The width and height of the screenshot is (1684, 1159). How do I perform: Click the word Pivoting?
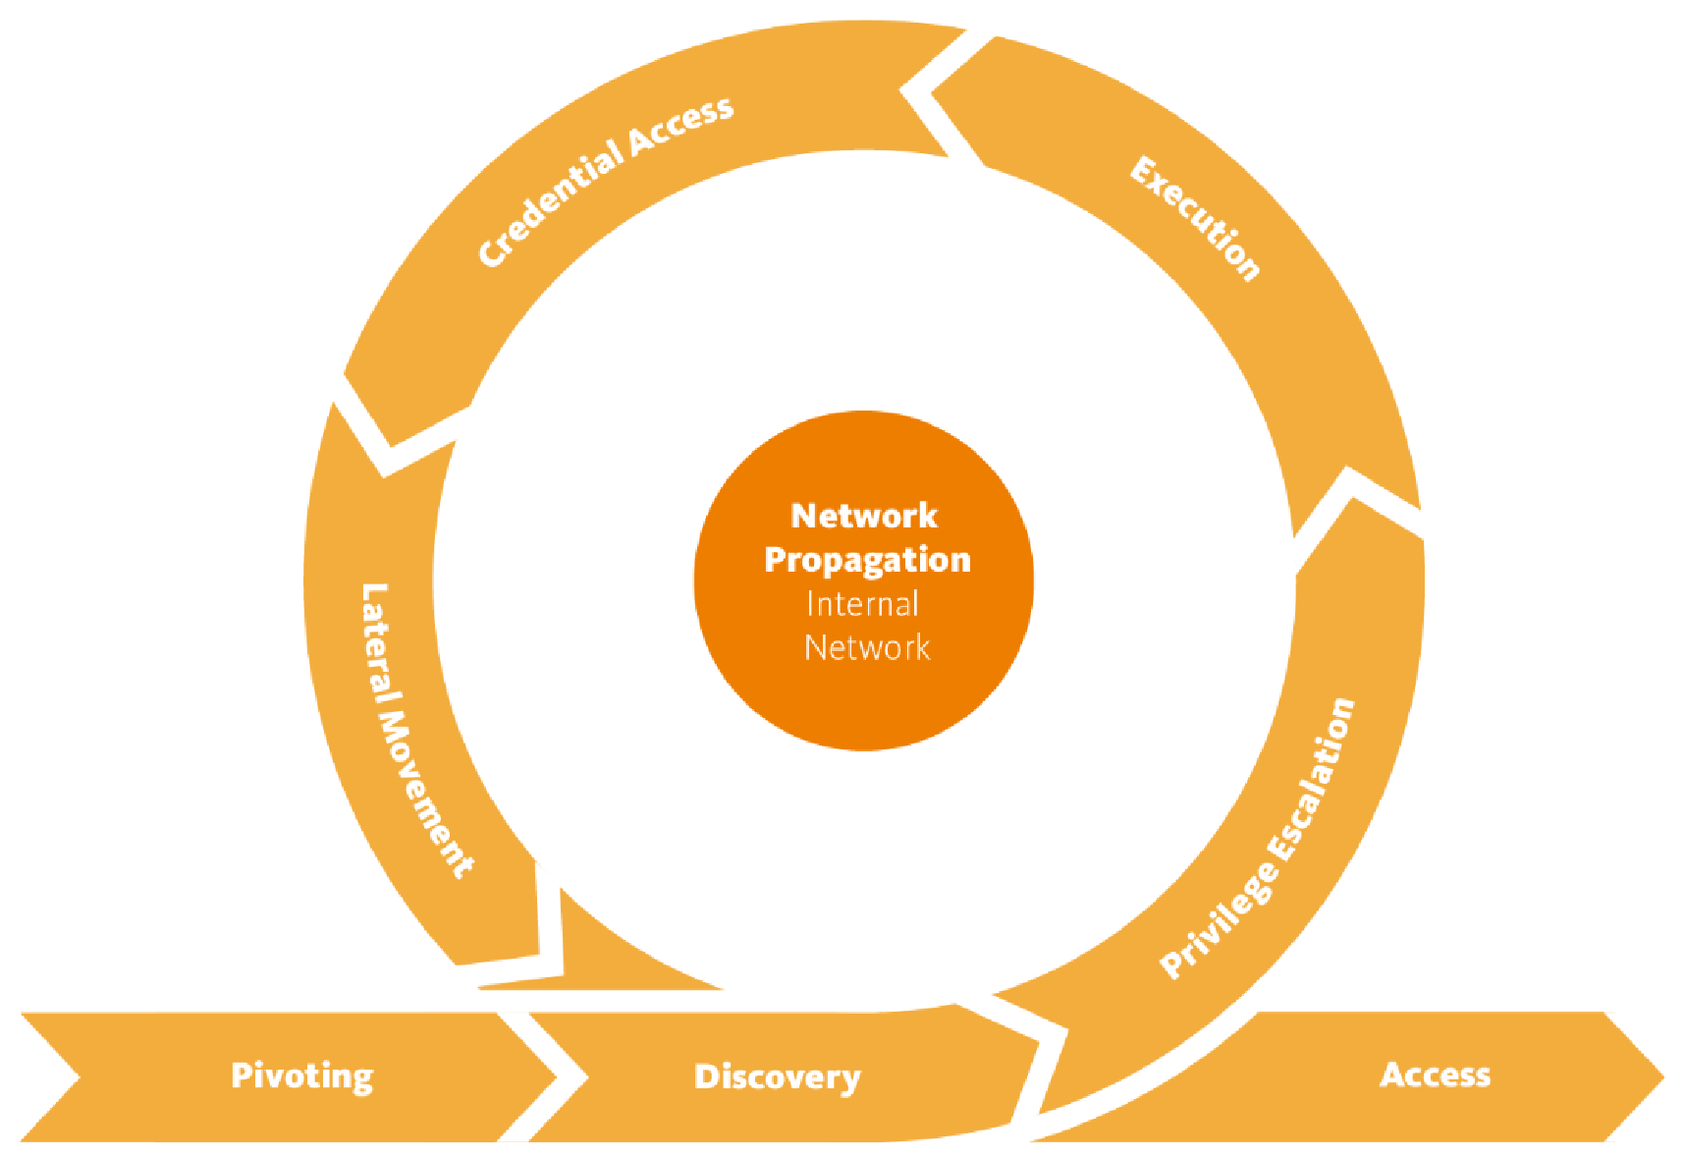tap(301, 1076)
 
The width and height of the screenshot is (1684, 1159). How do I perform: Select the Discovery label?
tap(777, 1077)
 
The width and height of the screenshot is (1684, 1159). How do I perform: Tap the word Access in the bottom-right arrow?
tap(1435, 1075)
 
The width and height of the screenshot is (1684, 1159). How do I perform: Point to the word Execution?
tap(1195, 219)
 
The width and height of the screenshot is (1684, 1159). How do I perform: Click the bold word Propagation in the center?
tap(867, 560)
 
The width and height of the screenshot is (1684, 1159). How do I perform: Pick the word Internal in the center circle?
tap(862, 604)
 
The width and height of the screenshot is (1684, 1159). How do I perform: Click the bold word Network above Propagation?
tap(864, 516)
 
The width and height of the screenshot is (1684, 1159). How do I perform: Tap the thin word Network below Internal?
tap(867, 648)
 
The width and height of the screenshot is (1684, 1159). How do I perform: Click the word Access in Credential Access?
tap(681, 125)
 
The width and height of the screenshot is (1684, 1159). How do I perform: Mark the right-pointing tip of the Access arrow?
tap(1661, 1076)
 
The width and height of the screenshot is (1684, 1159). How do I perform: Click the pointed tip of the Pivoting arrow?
tap(556, 1076)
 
